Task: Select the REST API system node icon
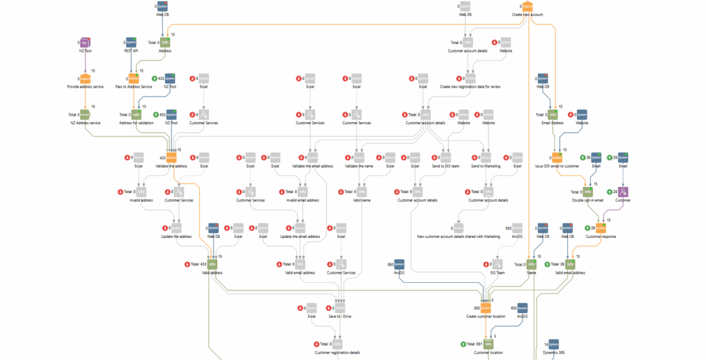point(131,43)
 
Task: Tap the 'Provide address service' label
point(85,87)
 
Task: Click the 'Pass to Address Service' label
point(134,87)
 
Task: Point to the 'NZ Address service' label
point(85,122)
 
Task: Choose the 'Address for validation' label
point(137,122)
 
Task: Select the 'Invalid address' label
point(141,200)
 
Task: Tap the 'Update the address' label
point(176,236)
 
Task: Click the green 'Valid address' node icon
point(213,263)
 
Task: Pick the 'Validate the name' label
point(358,166)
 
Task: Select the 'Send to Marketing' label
point(486,166)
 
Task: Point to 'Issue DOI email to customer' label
point(557,166)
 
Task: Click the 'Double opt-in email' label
point(587,200)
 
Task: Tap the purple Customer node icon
point(623,192)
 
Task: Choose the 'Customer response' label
point(601,236)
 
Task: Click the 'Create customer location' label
point(485,316)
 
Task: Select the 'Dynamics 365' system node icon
point(554,343)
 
